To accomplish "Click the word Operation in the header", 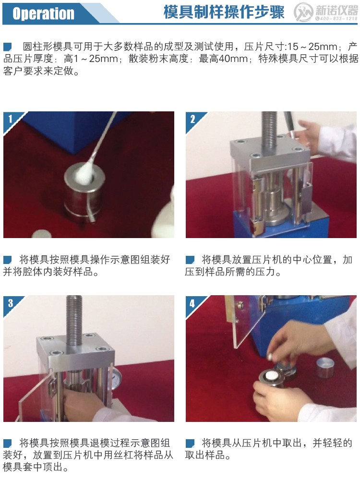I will click(x=44, y=13).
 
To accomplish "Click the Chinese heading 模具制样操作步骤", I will click(x=224, y=12).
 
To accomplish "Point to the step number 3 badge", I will click(x=10, y=302).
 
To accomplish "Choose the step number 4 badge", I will click(x=192, y=303).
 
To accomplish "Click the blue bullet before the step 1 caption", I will click(x=8, y=260).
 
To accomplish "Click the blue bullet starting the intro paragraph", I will click(x=8, y=47).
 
